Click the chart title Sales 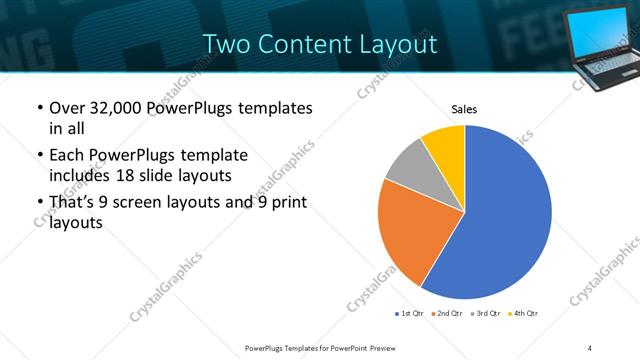[464, 108]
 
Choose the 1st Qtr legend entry [411, 314]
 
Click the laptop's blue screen [604, 31]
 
